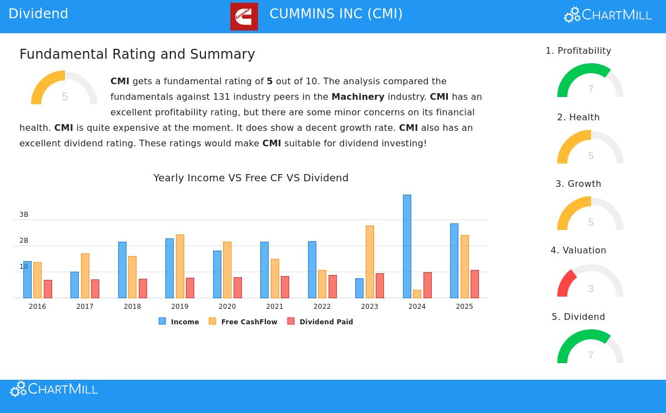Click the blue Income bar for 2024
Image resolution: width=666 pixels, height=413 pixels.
[x=407, y=246]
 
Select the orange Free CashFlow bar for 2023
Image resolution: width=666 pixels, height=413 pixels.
[x=370, y=262]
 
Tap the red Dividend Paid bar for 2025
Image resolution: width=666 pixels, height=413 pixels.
[x=475, y=284]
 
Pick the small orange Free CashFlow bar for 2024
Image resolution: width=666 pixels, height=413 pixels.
[x=417, y=294]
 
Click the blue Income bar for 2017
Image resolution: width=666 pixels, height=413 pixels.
[x=74, y=285]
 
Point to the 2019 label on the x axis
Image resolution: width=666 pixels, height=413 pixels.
[x=180, y=307]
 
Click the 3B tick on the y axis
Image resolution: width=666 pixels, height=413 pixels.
[x=24, y=215]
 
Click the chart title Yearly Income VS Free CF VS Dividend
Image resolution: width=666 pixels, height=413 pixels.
[x=251, y=178]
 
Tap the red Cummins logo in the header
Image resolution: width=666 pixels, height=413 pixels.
[x=244, y=16]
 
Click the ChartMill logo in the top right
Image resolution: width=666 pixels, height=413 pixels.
[x=608, y=15]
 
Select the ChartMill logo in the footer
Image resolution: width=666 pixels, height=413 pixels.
[x=54, y=389]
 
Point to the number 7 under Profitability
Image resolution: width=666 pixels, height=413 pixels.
[x=591, y=89]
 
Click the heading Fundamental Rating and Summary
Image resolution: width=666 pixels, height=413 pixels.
[x=137, y=54]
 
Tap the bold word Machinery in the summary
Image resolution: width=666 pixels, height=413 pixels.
[x=358, y=96]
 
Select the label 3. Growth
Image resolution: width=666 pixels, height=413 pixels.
[x=578, y=183]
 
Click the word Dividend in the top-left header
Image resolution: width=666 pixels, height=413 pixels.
[x=38, y=14]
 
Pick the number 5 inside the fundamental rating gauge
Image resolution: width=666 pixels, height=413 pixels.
[x=65, y=97]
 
